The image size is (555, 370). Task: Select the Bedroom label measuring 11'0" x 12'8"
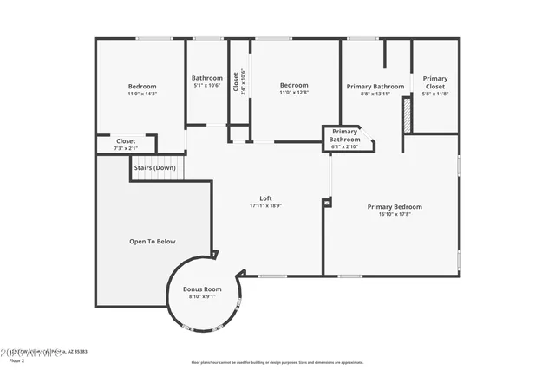click(294, 85)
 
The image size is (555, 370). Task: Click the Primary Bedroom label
click(395, 206)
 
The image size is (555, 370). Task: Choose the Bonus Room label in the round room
click(202, 289)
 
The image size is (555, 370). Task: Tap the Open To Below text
click(153, 242)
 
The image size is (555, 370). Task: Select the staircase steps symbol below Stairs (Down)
click(158, 169)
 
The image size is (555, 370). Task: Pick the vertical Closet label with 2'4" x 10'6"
click(235, 84)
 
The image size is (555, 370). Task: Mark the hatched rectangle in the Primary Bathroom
click(404, 114)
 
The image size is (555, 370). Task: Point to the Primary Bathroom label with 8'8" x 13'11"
click(375, 87)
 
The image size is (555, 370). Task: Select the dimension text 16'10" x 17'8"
click(395, 214)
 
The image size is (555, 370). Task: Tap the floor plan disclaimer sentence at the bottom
click(277, 362)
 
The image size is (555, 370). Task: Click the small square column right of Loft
click(326, 203)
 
